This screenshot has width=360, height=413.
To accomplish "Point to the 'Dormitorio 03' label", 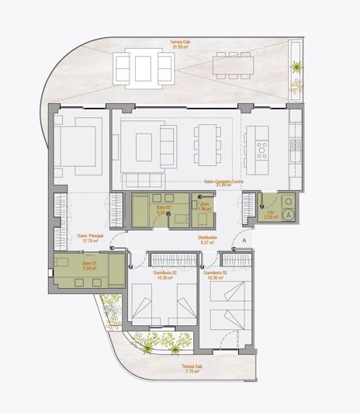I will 215,272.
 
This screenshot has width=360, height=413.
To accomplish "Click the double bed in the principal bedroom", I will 77,145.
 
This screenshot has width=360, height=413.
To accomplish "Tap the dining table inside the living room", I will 206,145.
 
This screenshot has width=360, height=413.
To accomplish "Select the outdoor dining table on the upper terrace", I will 233,66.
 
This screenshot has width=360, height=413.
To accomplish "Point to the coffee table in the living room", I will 144,145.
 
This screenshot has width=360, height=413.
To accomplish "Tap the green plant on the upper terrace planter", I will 296,67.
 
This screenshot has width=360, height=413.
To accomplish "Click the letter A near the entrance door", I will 243,241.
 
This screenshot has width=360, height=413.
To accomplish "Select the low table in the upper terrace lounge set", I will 143,68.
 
